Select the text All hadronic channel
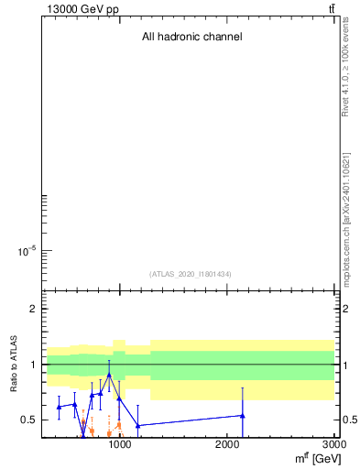(x=191, y=38)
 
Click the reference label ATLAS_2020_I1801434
(x=191, y=274)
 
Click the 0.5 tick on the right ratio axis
(x=350, y=420)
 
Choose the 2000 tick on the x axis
(x=227, y=445)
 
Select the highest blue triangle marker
(x=109, y=375)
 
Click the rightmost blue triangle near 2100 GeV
(x=243, y=416)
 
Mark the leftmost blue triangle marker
(x=59, y=407)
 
